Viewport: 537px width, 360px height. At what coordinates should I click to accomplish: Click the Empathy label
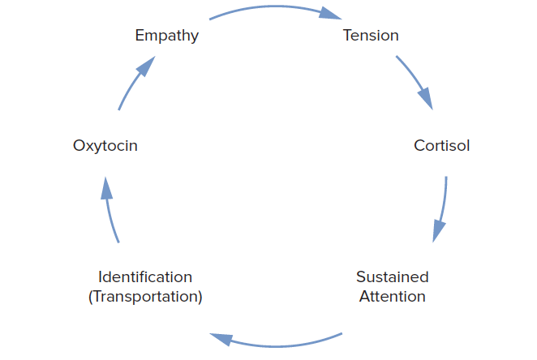point(166,36)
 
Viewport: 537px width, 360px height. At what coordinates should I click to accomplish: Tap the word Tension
point(371,36)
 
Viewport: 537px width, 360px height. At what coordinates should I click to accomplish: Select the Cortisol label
point(441,146)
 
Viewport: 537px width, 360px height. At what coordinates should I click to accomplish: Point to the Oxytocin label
point(105,146)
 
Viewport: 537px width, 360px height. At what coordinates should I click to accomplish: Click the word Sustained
point(393,276)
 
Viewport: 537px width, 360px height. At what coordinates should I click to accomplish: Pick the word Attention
point(393,296)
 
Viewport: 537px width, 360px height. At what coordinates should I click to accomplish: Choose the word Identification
point(145,276)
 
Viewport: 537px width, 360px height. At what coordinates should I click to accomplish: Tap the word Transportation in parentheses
point(145,296)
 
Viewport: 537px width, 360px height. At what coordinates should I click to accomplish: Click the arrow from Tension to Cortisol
point(414,80)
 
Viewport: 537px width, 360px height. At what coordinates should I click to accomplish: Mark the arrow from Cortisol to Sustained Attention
point(443,207)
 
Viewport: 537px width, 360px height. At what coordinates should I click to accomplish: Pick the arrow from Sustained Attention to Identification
point(276,342)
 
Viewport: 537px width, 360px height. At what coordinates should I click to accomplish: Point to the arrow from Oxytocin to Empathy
point(134,85)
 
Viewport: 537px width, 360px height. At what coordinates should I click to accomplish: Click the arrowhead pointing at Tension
point(329,14)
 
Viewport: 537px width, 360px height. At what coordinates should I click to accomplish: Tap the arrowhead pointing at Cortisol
point(426,99)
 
